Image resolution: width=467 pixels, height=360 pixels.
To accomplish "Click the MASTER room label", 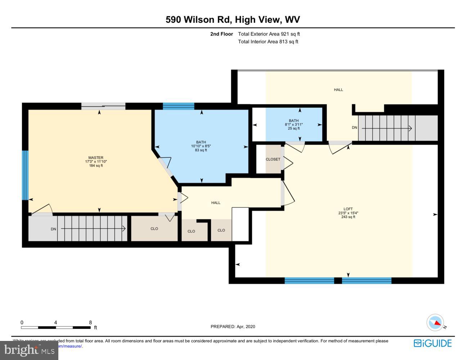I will pos(96,158).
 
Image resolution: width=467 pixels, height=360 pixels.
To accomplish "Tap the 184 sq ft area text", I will pos(96,166).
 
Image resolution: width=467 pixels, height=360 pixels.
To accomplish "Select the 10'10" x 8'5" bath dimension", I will pos(201,146).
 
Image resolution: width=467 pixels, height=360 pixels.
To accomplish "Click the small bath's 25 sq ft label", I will pos(293,129).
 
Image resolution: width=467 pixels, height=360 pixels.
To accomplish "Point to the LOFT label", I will pos(348,209).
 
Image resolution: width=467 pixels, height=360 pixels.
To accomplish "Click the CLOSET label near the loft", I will pos(273,159).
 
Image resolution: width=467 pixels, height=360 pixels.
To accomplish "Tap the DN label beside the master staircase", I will pos(53,229).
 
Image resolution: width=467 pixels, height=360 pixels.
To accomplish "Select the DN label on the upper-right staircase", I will pos(354,128).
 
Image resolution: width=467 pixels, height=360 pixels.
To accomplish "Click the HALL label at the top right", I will pos(338,90).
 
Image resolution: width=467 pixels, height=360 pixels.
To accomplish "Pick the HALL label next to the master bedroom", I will pos(216,203).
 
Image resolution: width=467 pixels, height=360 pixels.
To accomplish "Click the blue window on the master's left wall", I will pos(25,175).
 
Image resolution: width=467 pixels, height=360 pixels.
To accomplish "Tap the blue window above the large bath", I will pos(178,106).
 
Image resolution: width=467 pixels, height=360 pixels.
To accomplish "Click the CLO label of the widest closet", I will pos(154,229).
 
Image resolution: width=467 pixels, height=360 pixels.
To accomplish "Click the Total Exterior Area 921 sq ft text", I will pos(269,34).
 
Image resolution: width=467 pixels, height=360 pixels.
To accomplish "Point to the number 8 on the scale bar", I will pos(90,323).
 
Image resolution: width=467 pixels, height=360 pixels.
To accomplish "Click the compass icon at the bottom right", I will pos(435,323).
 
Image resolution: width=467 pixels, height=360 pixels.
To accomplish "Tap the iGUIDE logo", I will pos(432,343).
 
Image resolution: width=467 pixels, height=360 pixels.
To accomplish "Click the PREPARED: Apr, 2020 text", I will pos(233,327).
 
